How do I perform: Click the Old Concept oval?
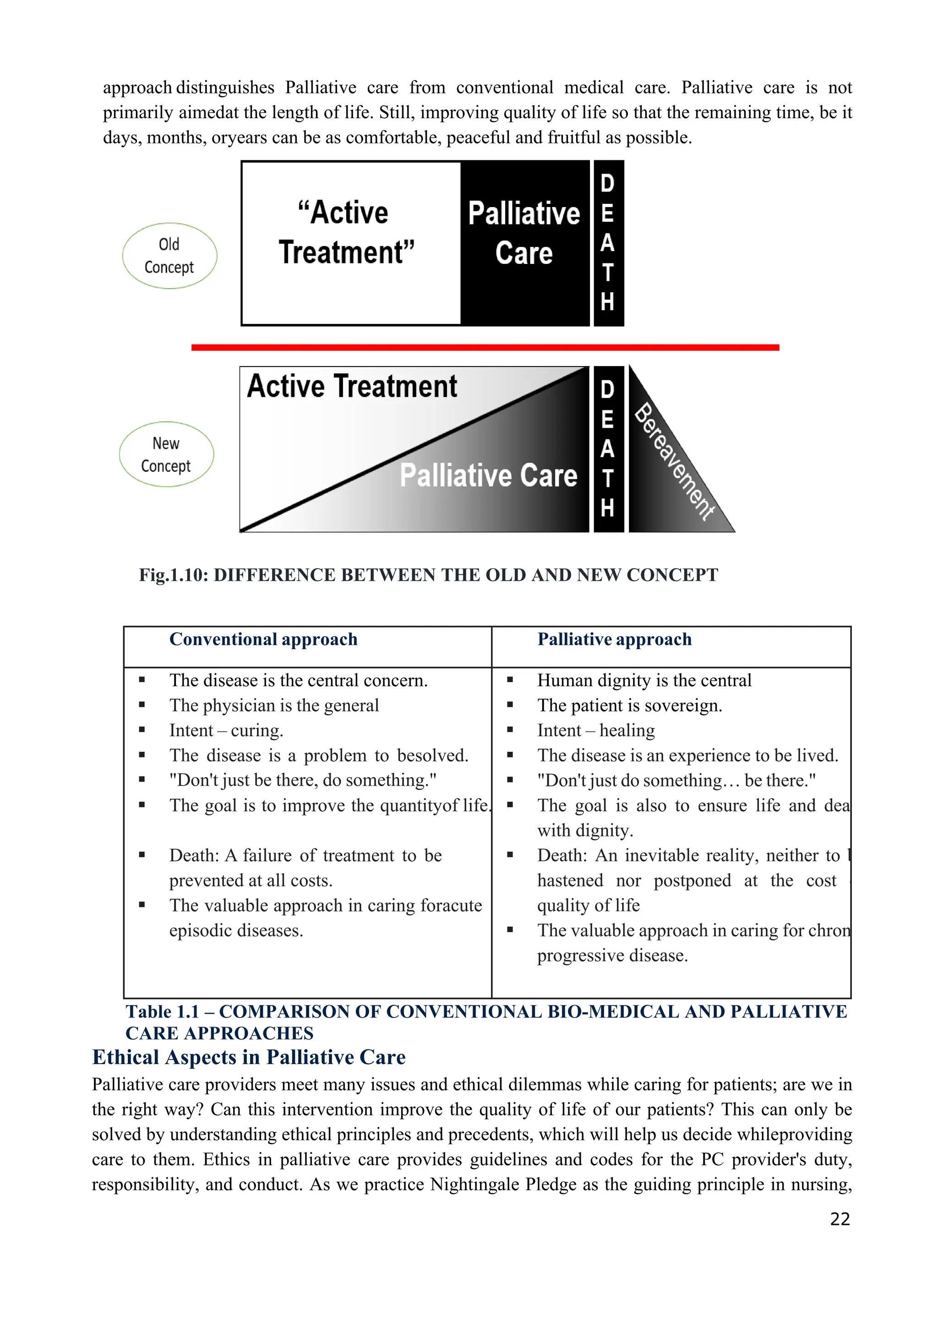point(169,256)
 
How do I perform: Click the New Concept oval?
point(167,454)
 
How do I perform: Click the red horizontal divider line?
point(485,348)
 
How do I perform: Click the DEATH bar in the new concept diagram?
point(608,449)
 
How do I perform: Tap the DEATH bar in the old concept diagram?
point(608,243)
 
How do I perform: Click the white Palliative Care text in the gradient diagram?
point(489,475)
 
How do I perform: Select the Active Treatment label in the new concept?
point(352,386)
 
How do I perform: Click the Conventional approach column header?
point(263,639)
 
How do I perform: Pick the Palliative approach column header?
point(614,639)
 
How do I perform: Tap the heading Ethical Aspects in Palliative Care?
point(249,1057)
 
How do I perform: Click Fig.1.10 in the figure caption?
point(173,575)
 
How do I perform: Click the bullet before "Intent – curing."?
point(142,730)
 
